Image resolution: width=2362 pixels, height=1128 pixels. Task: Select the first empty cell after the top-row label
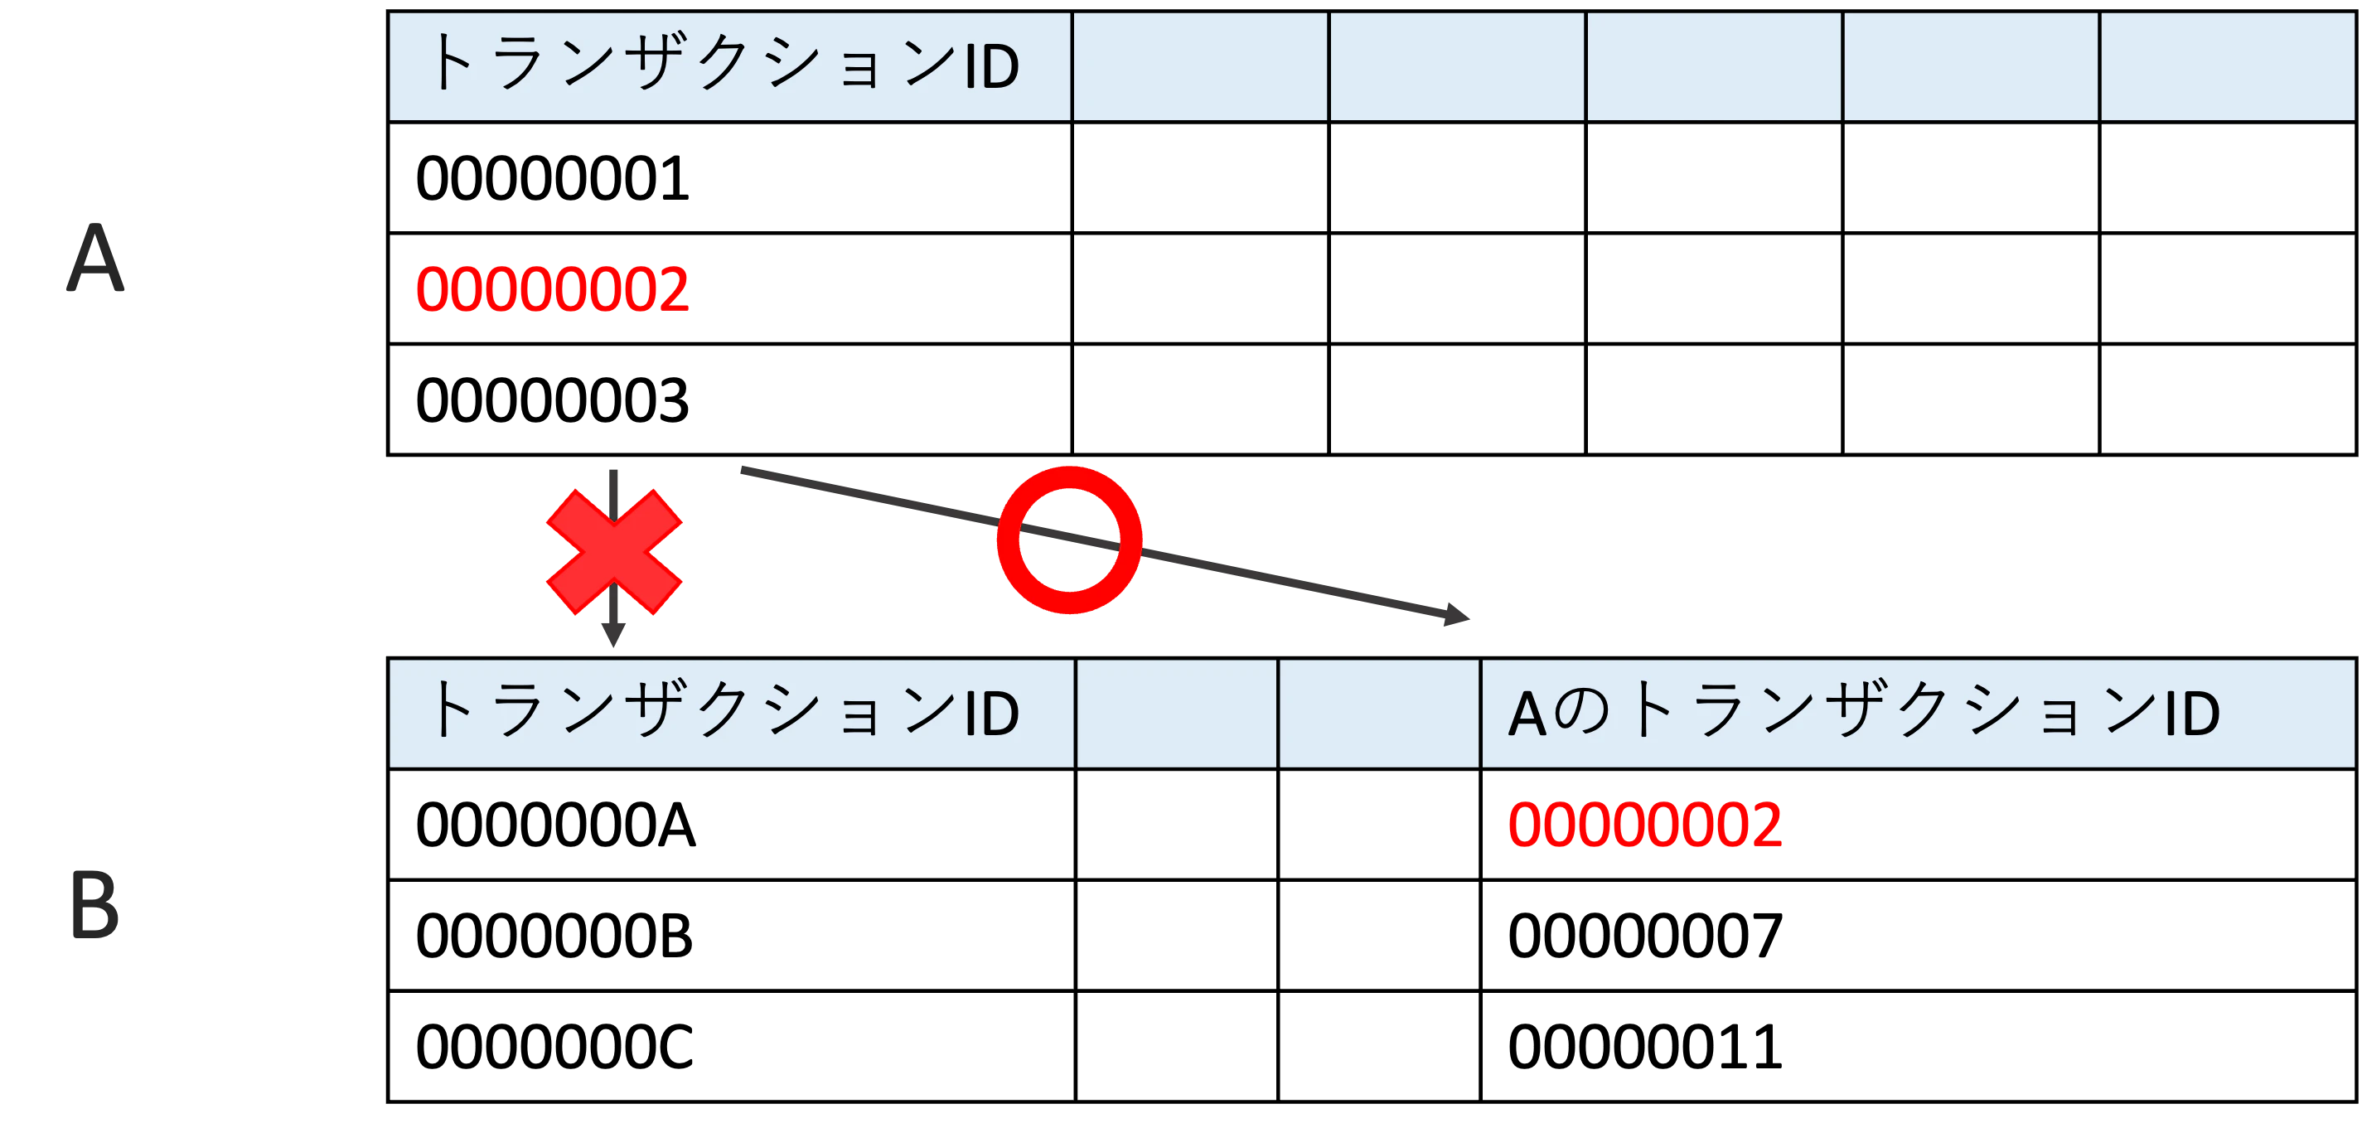click(x=1200, y=66)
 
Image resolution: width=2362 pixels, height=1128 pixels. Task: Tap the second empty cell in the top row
click(x=1457, y=66)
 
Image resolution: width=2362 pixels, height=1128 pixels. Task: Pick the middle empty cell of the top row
click(x=1714, y=66)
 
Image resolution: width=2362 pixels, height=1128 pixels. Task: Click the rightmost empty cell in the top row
click(x=2227, y=66)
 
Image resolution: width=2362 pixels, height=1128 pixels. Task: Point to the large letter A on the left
click(x=94, y=258)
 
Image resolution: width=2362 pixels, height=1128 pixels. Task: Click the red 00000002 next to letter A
click(x=552, y=290)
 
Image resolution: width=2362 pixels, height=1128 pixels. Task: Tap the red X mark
click(x=613, y=551)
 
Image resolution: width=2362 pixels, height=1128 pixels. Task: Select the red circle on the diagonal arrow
click(x=1069, y=540)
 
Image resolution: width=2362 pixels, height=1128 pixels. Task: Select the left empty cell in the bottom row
click(x=1175, y=714)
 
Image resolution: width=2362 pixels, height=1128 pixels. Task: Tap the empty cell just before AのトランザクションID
click(x=1378, y=714)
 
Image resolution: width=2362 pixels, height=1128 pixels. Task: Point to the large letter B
click(x=95, y=906)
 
